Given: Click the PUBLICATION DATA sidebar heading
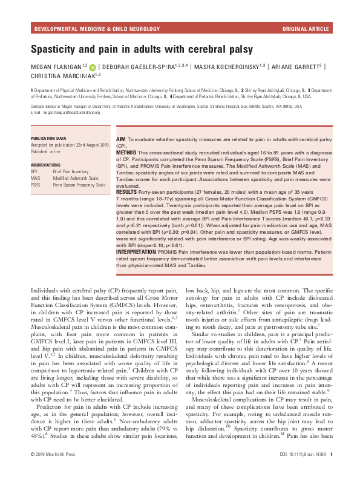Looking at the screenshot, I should point(50,138).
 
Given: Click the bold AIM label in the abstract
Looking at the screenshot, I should point(120,139).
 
